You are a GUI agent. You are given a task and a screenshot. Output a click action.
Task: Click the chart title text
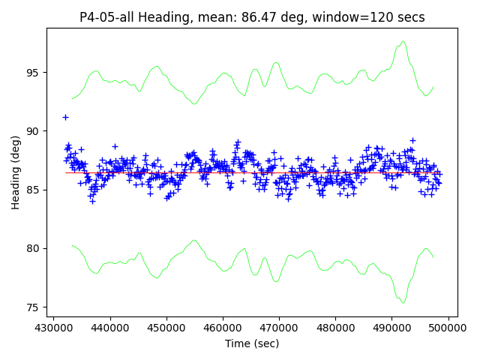tap(252, 17)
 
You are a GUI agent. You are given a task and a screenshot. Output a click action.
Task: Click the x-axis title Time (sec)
tap(252, 343)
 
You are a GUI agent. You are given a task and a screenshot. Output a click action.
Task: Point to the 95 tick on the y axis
tap(34, 73)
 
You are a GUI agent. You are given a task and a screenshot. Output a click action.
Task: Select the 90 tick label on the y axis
tap(34, 131)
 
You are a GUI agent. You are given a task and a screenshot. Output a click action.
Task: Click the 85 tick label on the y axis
tap(34, 190)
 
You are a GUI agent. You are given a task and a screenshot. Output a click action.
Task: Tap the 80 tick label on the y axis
tap(34, 248)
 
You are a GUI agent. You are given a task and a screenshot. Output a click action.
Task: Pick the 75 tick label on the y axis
tap(34, 307)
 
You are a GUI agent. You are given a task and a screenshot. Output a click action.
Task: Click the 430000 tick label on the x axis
tap(53, 328)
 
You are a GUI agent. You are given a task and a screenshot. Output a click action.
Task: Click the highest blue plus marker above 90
tap(65, 117)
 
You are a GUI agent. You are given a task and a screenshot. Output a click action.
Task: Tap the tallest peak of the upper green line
tap(403, 42)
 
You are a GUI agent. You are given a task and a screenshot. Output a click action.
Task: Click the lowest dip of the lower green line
tap(403, 302)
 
